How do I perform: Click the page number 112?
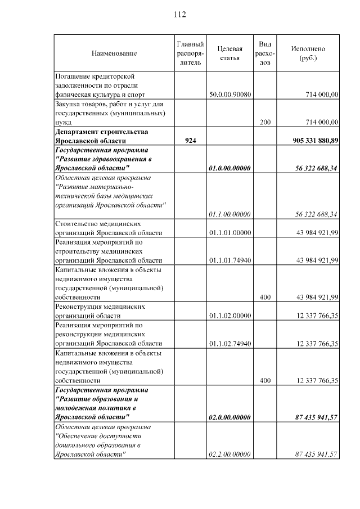(x=179, y=14)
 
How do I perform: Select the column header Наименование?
(x=114, y=53)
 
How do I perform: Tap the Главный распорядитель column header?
(x=190, y=53)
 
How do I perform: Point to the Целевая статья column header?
(x=229, y=53)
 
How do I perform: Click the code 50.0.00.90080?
(x=229, y=94)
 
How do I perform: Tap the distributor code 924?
(x=190, y=140)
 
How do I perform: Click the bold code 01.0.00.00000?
(x=229, y=168)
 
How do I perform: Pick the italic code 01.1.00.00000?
(x=229, y=214)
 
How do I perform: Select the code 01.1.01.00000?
(x=229, y=233)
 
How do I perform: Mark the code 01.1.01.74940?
(x=229, y=260)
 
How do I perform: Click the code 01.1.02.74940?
(x=229, y=343)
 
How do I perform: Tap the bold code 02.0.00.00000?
(x=229, y=417)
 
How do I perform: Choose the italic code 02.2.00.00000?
(x=229, y=454)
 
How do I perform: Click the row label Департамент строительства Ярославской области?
(x=102, y=136)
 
